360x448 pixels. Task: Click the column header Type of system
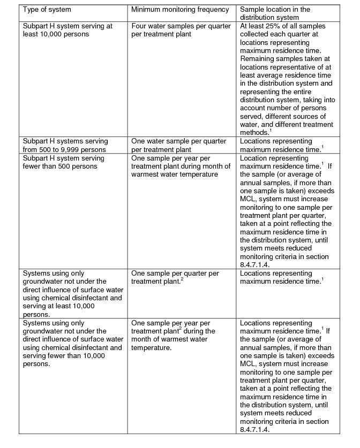(47, 10)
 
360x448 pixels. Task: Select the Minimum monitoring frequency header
(179, 10)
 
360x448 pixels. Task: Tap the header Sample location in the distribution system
(275, 13)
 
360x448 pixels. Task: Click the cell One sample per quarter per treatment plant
(175, 277)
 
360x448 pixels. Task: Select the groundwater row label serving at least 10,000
(73, 294)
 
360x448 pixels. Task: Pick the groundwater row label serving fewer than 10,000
(73, 343)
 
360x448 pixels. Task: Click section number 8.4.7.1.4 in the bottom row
(254, 429)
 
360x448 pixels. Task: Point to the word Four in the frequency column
(139, 26)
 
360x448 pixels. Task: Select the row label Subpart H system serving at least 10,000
(66, 30)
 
